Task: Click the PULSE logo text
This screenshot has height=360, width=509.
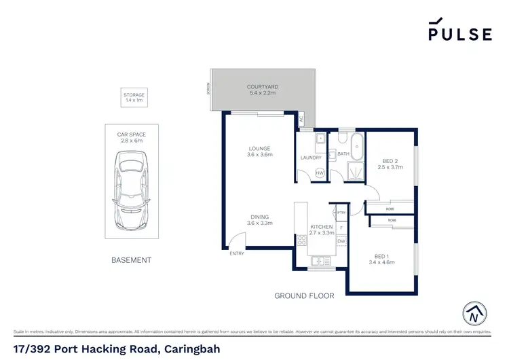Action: [459, 34]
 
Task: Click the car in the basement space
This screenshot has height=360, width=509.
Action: [132, 190]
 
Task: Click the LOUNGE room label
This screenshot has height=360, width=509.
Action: [259, 149]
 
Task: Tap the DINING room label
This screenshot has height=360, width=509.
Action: [259, 217]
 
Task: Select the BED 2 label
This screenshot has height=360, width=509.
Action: [390, 162]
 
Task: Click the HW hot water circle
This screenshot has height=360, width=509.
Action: [320, 174]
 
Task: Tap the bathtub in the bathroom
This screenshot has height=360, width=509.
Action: [358, 147]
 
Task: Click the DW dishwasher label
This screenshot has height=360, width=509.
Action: [341, 241]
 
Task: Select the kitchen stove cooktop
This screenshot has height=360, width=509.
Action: [302, 240]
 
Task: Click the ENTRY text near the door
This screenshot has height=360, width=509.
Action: [237, 254]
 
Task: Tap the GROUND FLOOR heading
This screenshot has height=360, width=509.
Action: [304, 296]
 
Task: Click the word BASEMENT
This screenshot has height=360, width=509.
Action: [132, 260]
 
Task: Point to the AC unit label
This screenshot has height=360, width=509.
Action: [301, 119]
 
